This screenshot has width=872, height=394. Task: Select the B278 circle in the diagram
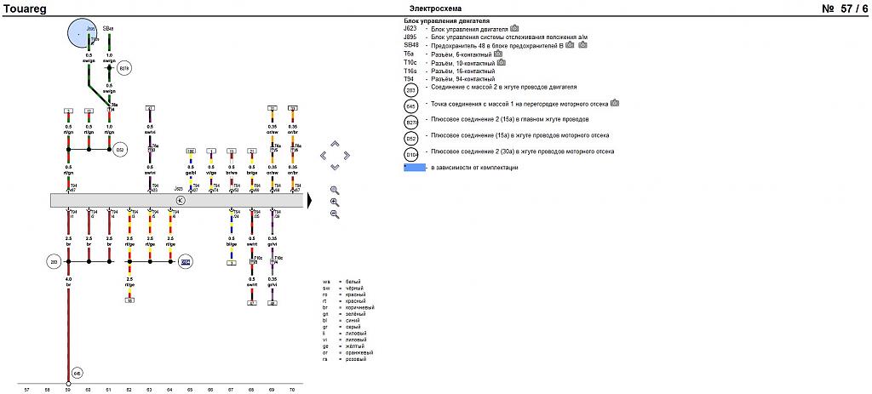(124, 68)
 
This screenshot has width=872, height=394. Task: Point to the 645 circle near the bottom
(77, 373)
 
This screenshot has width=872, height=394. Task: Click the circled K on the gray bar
(180, 201)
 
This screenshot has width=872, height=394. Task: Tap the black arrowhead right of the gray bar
(310, 201)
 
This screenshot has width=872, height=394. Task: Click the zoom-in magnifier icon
(335, 191)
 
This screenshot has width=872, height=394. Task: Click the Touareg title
(23, 9)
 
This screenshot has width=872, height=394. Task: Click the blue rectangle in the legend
(415, 168)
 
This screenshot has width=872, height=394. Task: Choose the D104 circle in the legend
(411, 154)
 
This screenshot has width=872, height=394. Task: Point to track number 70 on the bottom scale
(292, 389)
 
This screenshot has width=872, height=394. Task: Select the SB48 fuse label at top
(107, 29)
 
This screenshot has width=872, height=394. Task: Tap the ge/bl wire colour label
(191, 173)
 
